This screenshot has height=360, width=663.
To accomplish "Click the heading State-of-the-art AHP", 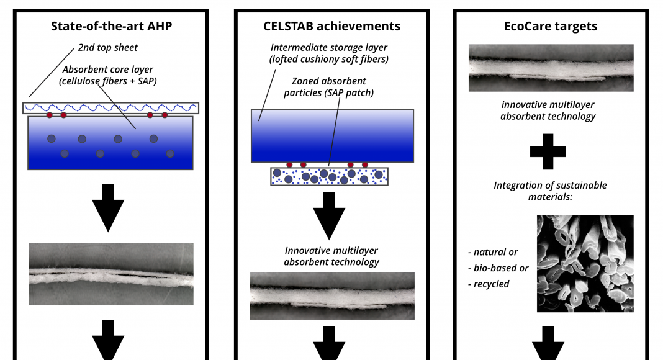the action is (x=111, y=26).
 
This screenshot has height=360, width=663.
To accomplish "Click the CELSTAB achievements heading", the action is (x=331, y=26).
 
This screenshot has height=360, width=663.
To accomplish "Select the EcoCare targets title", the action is (x=551, y=26).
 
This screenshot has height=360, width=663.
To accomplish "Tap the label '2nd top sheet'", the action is (x=108, y=48).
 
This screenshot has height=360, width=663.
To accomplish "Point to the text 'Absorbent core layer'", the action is (x=108, y=70).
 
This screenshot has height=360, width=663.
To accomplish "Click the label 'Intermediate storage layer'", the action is (x=329, y=48).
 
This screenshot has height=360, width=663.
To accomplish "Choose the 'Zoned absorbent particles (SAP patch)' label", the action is (x=328, y=87).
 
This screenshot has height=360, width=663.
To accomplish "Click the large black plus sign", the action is (x=548, y=151).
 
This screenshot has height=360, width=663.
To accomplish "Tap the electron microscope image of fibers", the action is (x=585, y=264).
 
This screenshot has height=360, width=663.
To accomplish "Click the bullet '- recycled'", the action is (x=489, y=284).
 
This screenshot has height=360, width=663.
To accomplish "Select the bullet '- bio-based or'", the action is (x=498, y=268).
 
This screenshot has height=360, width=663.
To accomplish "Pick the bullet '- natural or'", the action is (x=493, y=252).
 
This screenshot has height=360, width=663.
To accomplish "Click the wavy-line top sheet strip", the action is (x=110, y=108).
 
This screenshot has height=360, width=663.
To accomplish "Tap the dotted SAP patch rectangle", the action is (x=330, y=177).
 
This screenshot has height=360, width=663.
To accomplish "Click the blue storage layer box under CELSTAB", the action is (x=332, y=136).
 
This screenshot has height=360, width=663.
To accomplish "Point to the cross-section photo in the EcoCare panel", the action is (x=551, y=68).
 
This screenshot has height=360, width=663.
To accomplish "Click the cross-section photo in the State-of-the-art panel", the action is (x=110, y=274).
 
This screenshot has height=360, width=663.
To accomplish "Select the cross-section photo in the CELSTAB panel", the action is (x=332, y=296).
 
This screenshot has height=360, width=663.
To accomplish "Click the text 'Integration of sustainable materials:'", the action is (x=550, y=191).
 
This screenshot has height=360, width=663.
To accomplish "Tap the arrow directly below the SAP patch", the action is (x=329, y=215).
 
